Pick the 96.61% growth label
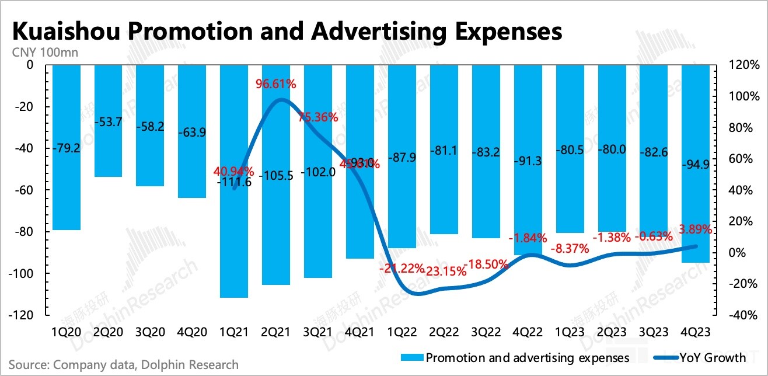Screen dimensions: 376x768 [x=275, y=84]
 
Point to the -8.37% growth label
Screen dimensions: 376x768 [x=570, y=248]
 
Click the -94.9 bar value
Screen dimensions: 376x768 [x=695, y=163]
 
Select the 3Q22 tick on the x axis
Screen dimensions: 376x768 [x=486, y=332]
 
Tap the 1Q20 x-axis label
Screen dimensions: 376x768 [x=67, y=332]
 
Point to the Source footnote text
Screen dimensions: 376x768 [x=123, y=364]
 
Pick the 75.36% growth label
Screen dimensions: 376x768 [x=318, y=117]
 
